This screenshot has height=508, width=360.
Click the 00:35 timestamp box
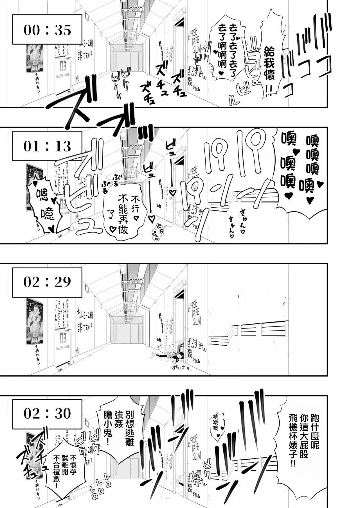coord(47,30)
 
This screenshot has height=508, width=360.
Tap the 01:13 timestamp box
coord(47,146)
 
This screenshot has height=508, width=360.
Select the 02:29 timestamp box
coord(47,282)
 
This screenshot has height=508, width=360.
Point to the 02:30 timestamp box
coord(47,413)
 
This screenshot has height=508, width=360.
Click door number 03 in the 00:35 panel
coord(63,67)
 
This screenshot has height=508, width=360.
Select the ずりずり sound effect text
coord(180,368)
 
